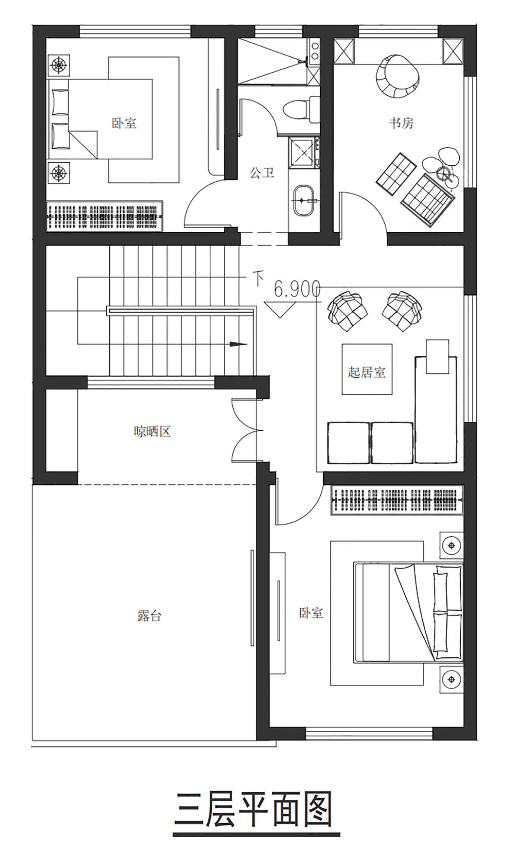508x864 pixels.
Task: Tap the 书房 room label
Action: tap(401, 123)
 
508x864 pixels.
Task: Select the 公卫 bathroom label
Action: tap(262, 172)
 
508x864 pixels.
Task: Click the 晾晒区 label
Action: tap(152, 431)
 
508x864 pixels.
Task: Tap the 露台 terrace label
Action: tap(149, 615)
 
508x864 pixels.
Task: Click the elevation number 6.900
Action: tap(297, 289)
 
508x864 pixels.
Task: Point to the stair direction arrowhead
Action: tap(238, 344)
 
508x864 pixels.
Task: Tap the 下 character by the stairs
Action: tap(258, 278)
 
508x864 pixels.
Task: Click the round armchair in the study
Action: tap(397, 77)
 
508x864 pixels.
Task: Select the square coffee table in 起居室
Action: tap(367, 369)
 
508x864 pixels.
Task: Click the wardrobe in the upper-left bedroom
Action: tap(104, 216)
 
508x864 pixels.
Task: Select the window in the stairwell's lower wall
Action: tap(151, 382)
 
